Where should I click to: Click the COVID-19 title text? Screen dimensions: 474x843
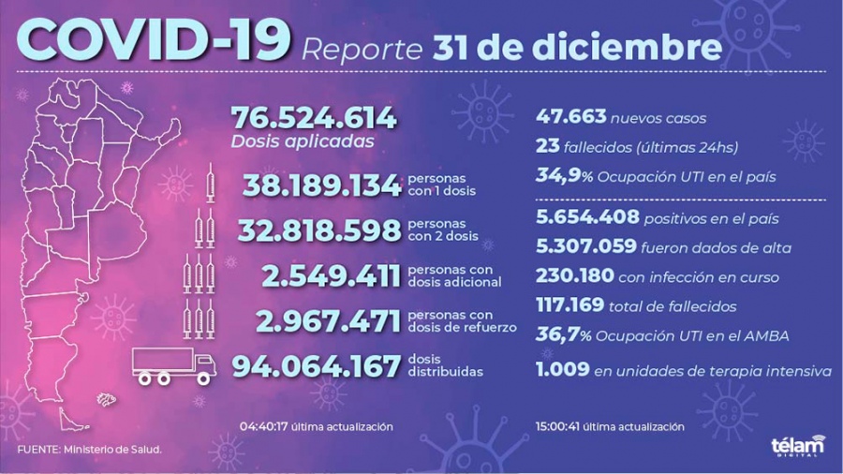click(153, 42)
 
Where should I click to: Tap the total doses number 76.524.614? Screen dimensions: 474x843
click(314, 119)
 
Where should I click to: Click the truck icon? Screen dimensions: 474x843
click(171, 364)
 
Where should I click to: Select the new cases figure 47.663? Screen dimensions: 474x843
click(571, 118)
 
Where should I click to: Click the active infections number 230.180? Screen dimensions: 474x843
click(574, 276)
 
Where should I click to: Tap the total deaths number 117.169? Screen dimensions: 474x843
click(572, 304)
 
